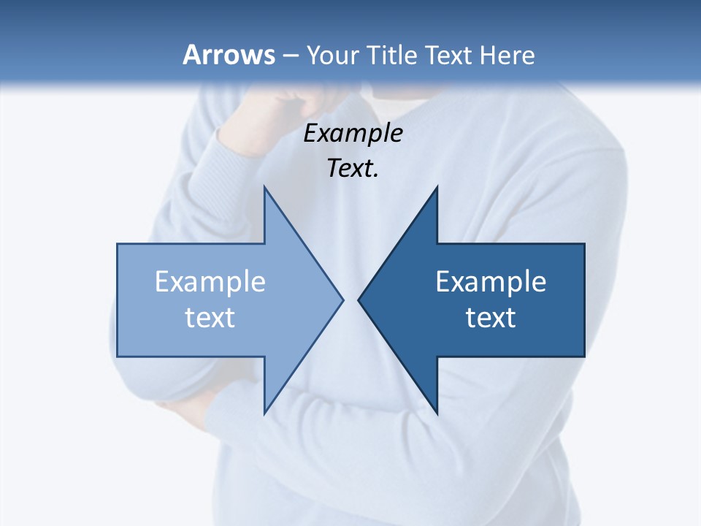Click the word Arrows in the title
pyautogui.click(x=229, y=55)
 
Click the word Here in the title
pyautogui.click(x=507, y=55)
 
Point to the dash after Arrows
pyautogui.click(x=290, y=56)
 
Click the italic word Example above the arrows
pyautogui.click(x=353, y=133)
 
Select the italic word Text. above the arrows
pyautogui.click(x=353, y=168)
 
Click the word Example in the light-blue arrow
pyautogui.click(x=210, y=282)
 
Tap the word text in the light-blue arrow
pyautogui.click(x=210, y=318)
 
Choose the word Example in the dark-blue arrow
pyautogui.click(x=491, y=282)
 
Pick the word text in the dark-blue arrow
pyautogui.click(x=491, y=318)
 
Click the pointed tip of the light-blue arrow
pyautogui.click(x=342, y=300)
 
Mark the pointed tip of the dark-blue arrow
pyautogui.click(x=359, y=300)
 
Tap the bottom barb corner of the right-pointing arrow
pyautogui.click(x=265, y=412)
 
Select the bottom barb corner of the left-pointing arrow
pyautogui.click(x=436, y=412)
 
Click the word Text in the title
pyautogui.click(x=449, y=55)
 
